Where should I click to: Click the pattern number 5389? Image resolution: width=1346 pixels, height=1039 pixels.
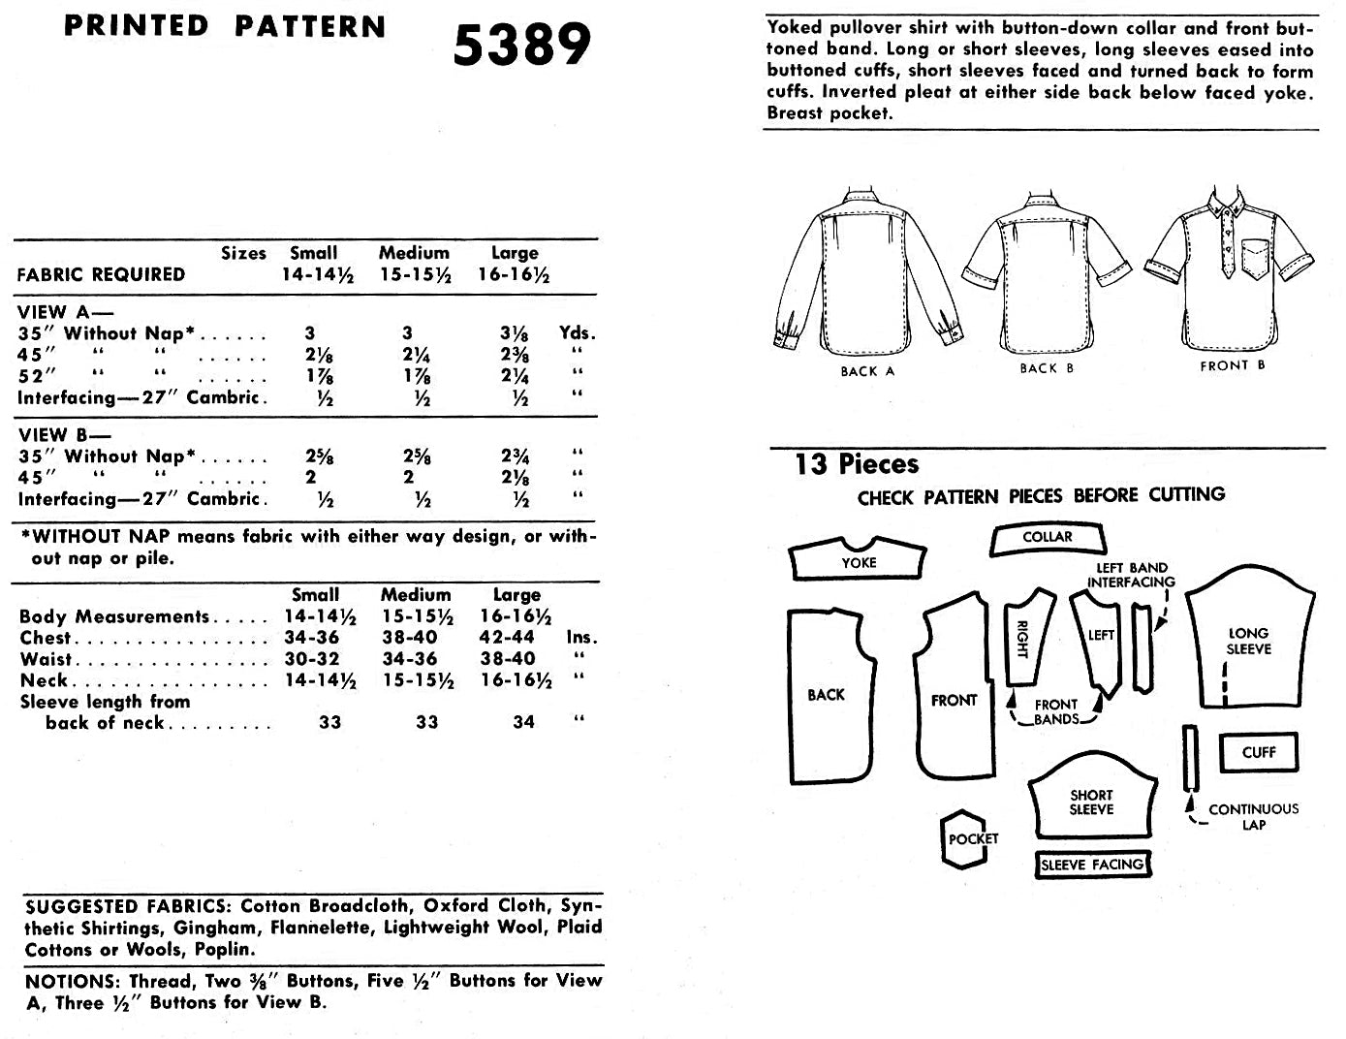pyautogui.click(x=521, y=45)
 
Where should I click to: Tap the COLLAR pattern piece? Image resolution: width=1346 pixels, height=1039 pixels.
pyautogui.click(x=1047, y=539)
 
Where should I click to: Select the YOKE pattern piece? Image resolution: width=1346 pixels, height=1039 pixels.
pyautogui.click(x=859, y=560)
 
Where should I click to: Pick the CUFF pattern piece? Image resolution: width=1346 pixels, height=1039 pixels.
pyautogui.click(x=1258, y=752)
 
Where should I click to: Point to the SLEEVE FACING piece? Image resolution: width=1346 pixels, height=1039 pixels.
pyautogui.click(x=1092, y=865)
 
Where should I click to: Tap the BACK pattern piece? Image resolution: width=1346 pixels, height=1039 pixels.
pyautogui.click(x=827, y=695)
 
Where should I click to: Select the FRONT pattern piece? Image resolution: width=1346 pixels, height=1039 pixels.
pyautogui.click(x=954, y=700)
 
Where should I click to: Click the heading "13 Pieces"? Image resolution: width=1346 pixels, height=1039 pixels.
pyautogui.click(x=857, y=464)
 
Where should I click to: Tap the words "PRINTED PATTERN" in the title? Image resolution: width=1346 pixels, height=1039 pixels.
pyautogui.click(x=225, y=26)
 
